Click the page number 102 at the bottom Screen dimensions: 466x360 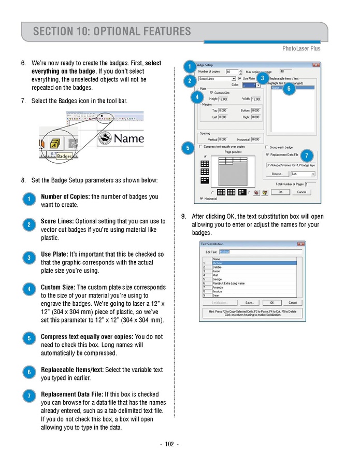[x=169, y=444]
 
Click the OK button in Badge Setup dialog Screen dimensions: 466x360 [x=280, y=192]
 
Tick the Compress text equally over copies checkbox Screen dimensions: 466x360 [x=201, y=147]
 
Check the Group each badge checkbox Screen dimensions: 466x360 [x=267, y=147]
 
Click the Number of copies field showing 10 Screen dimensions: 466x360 [x=232, y=72]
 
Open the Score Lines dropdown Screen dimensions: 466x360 [x=234, y=79]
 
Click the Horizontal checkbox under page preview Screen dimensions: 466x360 [x=201, y=199]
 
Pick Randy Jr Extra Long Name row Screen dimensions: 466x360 [x=228, y=284]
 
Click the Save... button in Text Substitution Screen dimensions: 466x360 [x=250, y=303]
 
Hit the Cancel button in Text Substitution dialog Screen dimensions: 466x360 [x=293, y=303]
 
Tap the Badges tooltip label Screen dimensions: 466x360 [x=64, y=156]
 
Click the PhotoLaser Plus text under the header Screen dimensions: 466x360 [x=301, y=48]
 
